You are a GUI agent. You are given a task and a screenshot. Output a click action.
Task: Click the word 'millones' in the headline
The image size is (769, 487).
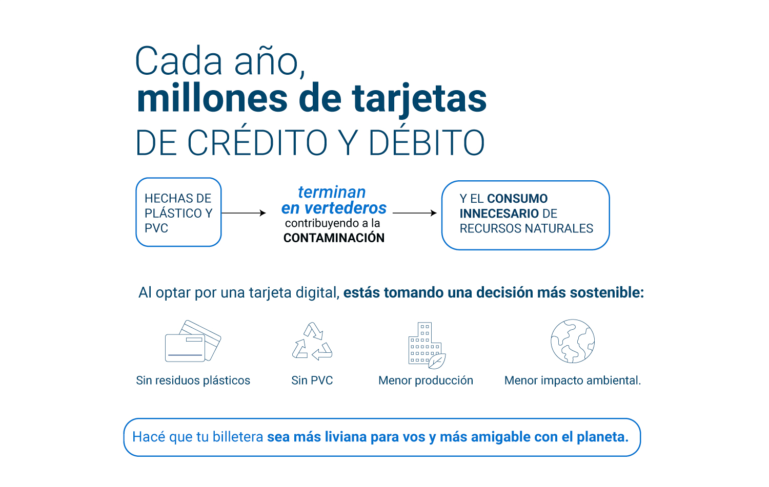pos(212,98)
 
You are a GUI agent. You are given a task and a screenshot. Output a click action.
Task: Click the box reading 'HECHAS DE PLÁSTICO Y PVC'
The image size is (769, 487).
pos(178,212)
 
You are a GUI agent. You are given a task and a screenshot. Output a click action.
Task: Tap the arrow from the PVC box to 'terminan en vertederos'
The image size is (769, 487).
pos(244,213)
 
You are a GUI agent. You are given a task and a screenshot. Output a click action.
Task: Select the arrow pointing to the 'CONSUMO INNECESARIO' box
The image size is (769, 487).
pos(414,213)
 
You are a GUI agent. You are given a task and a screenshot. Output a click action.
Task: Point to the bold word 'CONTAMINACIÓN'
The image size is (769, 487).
pos(334,238)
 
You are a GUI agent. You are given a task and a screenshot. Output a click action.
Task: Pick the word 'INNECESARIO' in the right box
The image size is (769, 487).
pos(499,214)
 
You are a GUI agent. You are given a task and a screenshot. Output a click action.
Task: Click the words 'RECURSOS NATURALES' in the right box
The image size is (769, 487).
pos(527,228)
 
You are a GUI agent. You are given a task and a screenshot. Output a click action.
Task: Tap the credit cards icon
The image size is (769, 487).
pos(193,341)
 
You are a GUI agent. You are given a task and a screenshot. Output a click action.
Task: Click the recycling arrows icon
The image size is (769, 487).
pos(312,341)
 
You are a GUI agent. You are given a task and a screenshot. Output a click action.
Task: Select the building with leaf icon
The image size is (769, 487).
pos(427,345)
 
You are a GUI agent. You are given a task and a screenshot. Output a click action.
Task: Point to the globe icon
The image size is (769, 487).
pos(573,341)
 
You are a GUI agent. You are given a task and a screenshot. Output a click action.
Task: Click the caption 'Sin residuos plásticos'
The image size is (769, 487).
pos(193,380)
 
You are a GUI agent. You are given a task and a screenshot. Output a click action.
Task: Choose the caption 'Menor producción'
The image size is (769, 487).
pos(426,380)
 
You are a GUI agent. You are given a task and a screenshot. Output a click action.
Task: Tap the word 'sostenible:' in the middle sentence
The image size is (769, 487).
pos(607,292)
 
